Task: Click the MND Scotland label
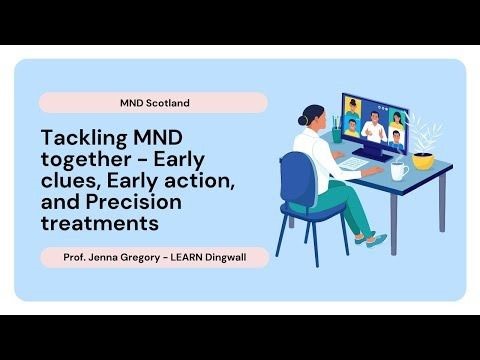coord(153,102)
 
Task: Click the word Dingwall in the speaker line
coord(232,257)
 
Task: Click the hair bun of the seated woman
coord(303,119)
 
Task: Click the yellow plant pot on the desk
coord(423,159)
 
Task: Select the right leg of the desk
coord(438,219)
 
